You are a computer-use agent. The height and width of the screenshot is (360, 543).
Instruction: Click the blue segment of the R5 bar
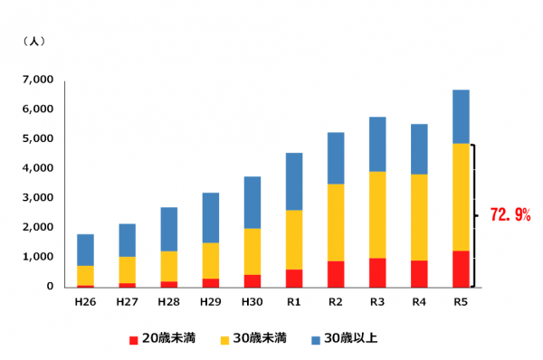pyautogui.click(x=461, y=117)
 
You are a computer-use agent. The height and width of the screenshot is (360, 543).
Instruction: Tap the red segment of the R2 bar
pyautogui.click(x=336, y=273)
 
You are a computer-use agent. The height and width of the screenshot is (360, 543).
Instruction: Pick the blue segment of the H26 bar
pyautogui.click(x=86, y=250)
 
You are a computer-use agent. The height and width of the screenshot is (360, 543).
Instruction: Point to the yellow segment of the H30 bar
pyautogui.click(x=252, y=251)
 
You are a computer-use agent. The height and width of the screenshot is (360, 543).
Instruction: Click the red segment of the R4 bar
pyautogui.click(x=419, y=273)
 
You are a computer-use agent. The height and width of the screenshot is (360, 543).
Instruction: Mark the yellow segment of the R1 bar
pyautogui.click(x=294, y=240)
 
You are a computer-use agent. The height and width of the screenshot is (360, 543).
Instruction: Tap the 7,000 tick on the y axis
pyautogui.click(x=37, y=81)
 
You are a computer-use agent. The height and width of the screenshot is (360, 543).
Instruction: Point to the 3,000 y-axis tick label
pyautogui.click(x=37, y=198)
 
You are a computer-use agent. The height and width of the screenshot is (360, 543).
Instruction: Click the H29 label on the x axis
pyautogui.click(x=211, y=300)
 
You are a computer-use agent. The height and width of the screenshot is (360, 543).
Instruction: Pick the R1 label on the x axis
pyautogui.click(x=294, y=300)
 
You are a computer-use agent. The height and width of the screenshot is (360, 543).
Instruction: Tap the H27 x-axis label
pyautogui.click(x=128, y=300)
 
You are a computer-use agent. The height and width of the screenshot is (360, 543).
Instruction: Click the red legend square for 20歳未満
pyautogui.click(x=134, y=339)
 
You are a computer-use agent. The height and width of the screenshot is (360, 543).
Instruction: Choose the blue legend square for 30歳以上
pyautogui.click(x=316, y=339)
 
